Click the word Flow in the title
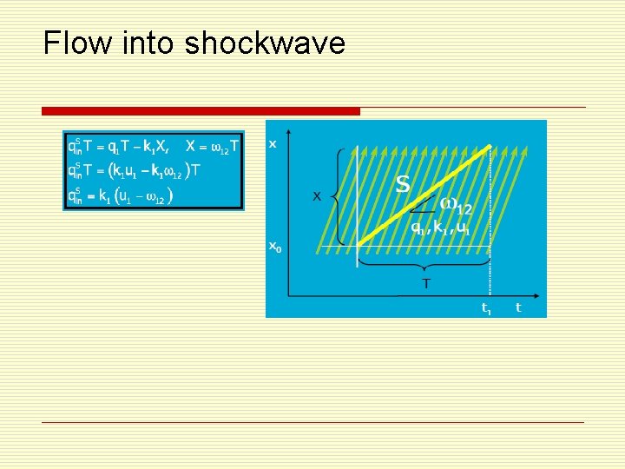71,43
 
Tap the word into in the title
145,43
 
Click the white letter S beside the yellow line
402,184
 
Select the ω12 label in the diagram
457,207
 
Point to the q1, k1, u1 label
441,229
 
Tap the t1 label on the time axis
487,307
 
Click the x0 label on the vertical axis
274,248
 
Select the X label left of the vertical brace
317,196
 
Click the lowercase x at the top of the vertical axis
273,144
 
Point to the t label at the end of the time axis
518,307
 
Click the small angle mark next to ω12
423,207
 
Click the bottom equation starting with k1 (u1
122,195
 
